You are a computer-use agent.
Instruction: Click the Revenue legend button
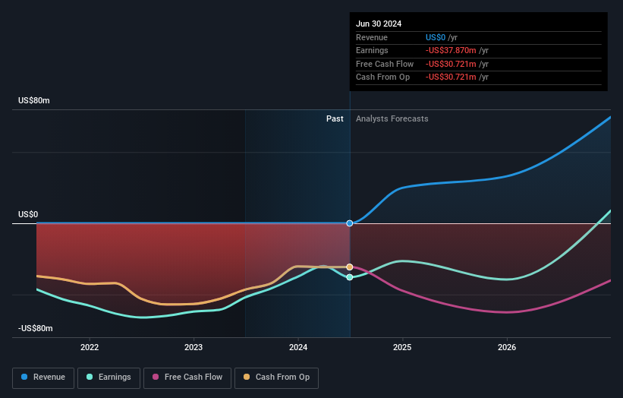(x=44, y=377)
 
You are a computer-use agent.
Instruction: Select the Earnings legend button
(x=109, y=377)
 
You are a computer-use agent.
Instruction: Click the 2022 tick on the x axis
(x=90, y=347)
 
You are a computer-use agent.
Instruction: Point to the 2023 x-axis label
(x=194, y=347)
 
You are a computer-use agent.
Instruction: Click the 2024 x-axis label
(x=298, y=347)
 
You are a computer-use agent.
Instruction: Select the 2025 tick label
(x=402, y=347)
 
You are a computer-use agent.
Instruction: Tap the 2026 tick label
(x=507, y=347)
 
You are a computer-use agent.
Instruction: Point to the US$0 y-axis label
(x=28, y=215)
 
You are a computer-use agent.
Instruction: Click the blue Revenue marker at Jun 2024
(x=350, y=223)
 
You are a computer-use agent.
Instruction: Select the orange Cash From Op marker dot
(x=350, y=267)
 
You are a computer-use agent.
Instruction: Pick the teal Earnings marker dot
(x=350, y=277)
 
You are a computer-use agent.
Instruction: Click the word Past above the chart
(x=335, y=118)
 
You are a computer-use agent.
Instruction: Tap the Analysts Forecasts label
(x=392, y=118)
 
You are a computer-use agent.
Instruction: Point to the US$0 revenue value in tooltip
(x=436, y=37)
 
